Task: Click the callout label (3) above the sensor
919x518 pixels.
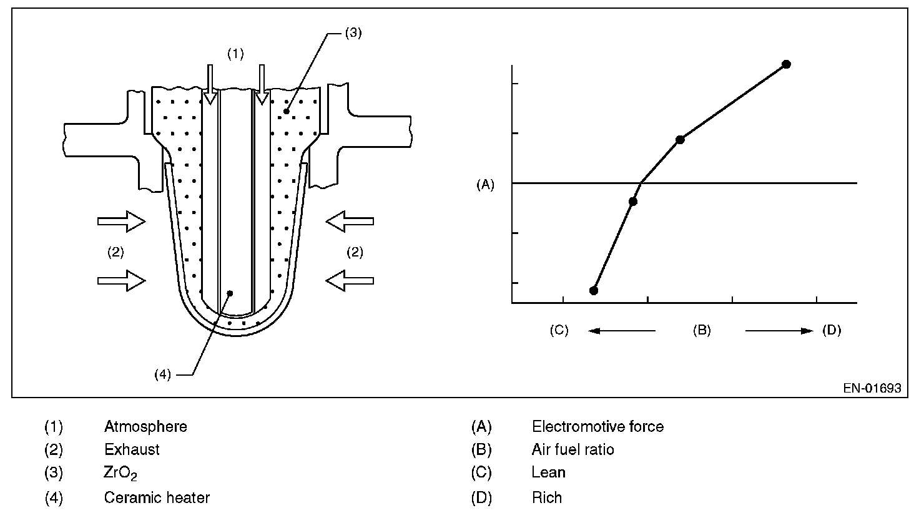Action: pyautogui.click(x=353, y=33)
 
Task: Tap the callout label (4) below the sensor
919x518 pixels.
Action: pyautogui.click(x=162, y=374)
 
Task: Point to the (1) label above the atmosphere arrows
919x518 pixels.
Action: pyautogui.click(x=235, y=54)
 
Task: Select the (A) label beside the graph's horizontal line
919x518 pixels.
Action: pyautogui.click(x=485, y=184)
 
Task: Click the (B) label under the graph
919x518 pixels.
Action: pyautogui.click(x=702, y=330)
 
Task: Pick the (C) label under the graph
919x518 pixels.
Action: pyautogui.click(x=559, y=330)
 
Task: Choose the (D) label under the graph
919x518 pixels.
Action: pyautogui.click(x=832, y=330)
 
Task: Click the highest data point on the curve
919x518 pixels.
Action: pyautogui.click(x=787, y=64)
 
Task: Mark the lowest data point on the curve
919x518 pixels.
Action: pyautogui.click(x=594, y=290)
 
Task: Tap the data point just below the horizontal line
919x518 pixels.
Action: pyautogui.click(x=633, y=202)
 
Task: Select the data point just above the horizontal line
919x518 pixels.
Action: pyautogui.click(x=681, y=140)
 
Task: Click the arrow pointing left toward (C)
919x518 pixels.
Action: pyautogui.click(x=621, y=331)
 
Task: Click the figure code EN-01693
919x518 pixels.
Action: pyautogui.click(x=872, y=388)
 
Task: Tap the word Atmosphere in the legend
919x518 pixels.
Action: pyautogui.click(x=145, y=427)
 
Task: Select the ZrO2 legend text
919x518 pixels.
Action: pyautogui.click(x=120, y=474)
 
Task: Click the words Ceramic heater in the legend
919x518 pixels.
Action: pyautogui.click(x=157, y=497)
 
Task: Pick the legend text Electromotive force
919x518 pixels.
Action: pyautogui.click(x=597, y=427)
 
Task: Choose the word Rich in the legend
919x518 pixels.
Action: pyautogui.click(x=547, y=497)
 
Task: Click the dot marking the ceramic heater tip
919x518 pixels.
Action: pyautogui.click(x=230, y=293)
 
